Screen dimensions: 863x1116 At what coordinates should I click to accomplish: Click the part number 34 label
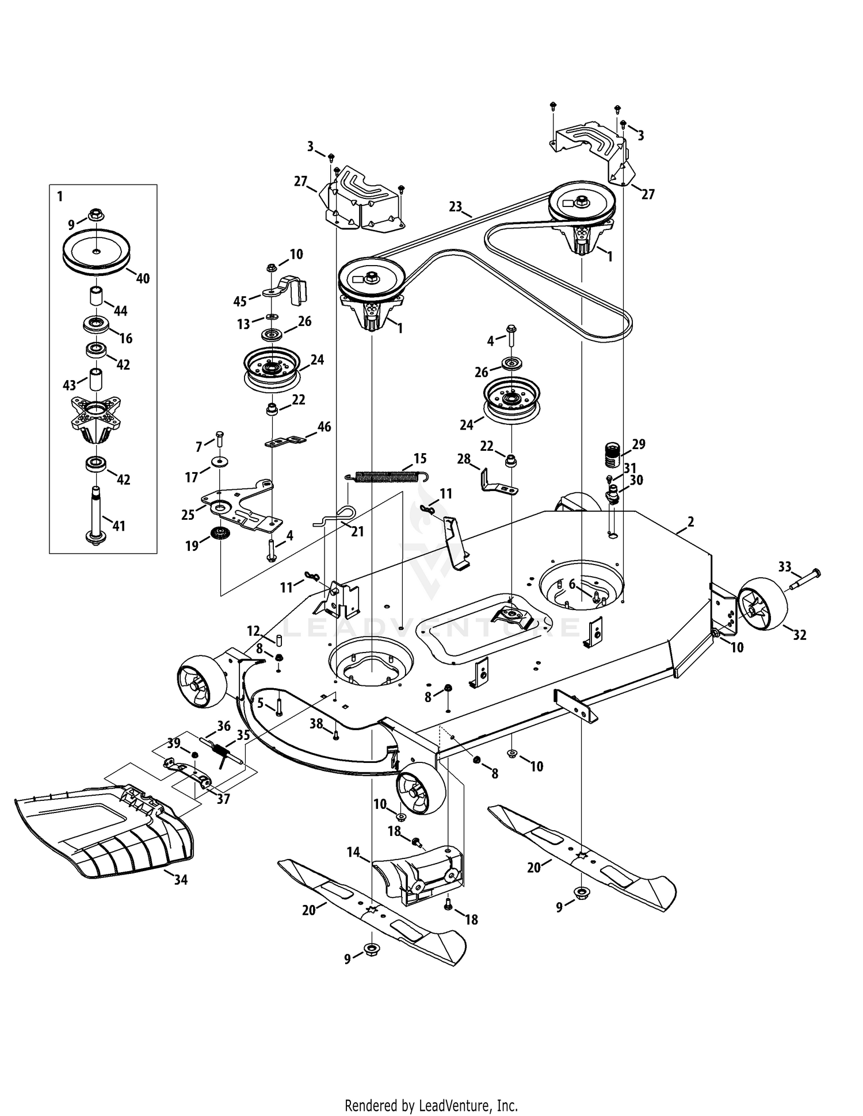click(x=181, y=880)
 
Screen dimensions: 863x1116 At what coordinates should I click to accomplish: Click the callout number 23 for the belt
click(x=456, y=206)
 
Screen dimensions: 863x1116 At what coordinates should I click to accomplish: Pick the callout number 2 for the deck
click(x=690, y=521)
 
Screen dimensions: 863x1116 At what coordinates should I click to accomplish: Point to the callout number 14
click(x=353, y=853)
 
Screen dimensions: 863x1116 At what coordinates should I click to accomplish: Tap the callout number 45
click(x=240, y=301)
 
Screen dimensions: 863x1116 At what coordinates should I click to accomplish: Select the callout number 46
click(x=324, y=427)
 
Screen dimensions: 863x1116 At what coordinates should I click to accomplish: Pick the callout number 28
click(x=464, y=459)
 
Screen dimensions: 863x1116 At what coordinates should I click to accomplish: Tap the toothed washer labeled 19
click(x=220, y=532)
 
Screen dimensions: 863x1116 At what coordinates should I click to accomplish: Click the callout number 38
click(x=316, y=724)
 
